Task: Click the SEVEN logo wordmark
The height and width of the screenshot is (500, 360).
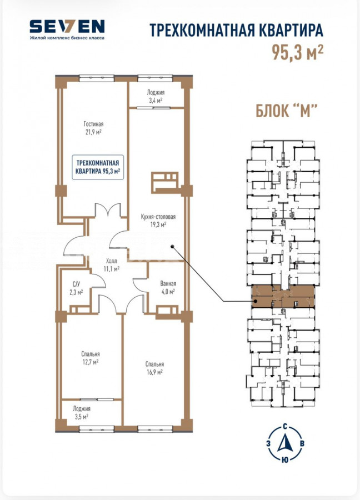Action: click(67, 26)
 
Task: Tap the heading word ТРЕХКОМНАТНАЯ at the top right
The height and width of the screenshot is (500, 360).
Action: click(202, 31)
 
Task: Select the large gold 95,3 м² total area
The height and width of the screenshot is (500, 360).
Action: click(298, 52)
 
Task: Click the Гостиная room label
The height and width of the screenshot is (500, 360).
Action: click(93, 124)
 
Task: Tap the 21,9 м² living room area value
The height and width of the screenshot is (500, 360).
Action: click(93, 132)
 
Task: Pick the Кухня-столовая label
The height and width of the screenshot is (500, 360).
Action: click(158, 217)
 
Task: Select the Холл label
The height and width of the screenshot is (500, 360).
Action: click(111, 261)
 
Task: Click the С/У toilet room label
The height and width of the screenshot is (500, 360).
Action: click(76, 284)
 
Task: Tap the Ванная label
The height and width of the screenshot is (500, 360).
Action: click(168, 283)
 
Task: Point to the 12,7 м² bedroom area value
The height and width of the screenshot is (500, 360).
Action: click(90, 362)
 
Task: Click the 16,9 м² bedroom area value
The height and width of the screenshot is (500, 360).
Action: click(154, 372)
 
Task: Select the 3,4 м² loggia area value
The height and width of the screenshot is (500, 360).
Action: click(156, 100)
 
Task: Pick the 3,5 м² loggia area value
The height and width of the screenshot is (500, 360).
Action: click(81, 417)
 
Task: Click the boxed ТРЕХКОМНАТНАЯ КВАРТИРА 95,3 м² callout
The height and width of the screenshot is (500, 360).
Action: click(98, 167)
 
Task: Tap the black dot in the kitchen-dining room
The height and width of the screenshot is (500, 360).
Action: click(172, 246)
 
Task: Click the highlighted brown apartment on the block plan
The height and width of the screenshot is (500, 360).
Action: click(283, 296)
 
